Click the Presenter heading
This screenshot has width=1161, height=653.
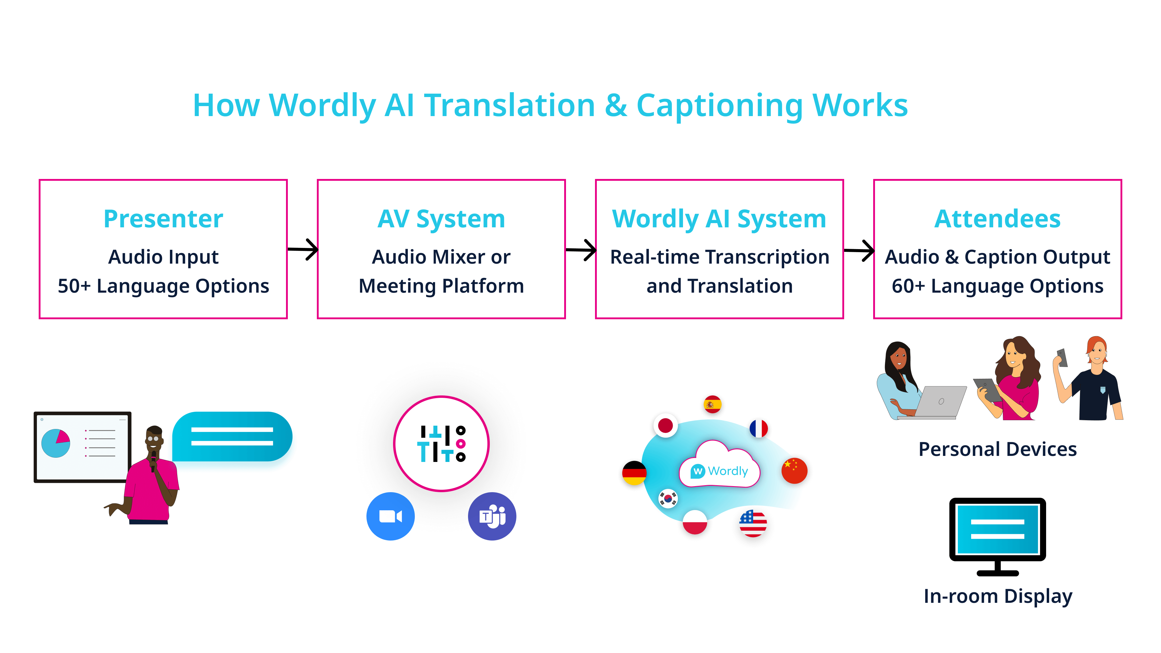163,219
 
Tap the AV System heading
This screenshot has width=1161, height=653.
441,219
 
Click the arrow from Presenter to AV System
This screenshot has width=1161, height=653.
303,249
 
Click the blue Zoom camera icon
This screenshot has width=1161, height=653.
390,516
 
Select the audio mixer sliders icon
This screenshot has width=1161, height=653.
441,443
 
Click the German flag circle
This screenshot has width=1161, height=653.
634,473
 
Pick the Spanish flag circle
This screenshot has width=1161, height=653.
712,404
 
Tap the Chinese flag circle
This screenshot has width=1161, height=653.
794,470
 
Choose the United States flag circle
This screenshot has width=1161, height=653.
753,523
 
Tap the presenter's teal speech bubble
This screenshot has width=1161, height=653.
232,436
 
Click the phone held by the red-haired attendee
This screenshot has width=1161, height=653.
1062,357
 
